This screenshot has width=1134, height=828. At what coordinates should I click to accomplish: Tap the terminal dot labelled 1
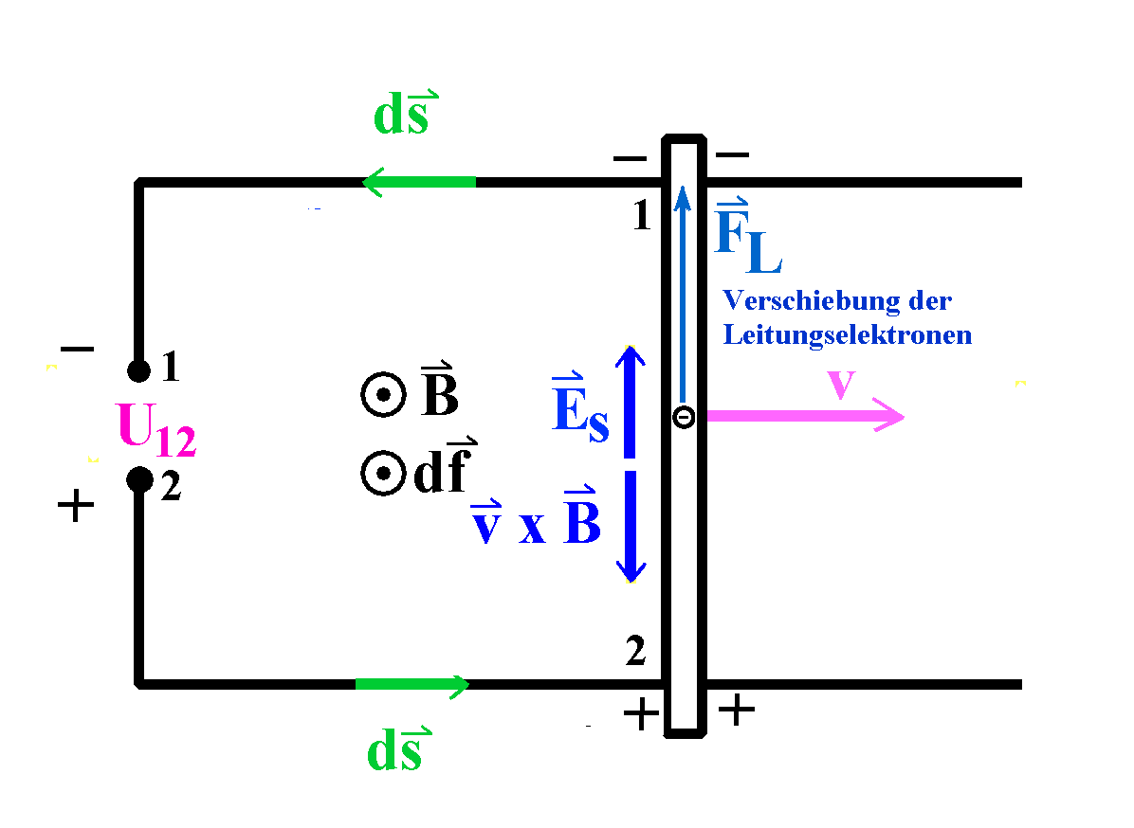pyautogui.click(x=139, y=369)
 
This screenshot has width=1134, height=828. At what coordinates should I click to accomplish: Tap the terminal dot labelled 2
pyautogui.click(x=139, y=479)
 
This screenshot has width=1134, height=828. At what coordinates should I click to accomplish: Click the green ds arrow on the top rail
pyautogui.click(x=418, y=181)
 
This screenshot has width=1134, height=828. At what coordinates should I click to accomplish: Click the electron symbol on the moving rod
pyautogui.click(x=684, y=416)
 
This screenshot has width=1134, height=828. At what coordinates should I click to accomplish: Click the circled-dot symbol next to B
pyautogui.click(x=383, y=396)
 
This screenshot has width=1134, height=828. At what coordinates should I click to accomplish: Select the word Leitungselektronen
pyautogui.click(x=847, y=334)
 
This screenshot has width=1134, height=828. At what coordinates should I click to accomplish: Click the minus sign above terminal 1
pyautogui.click(x=77, y=350)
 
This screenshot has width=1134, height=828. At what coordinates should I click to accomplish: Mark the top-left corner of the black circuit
pyautogui.click(x=140, y=183)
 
